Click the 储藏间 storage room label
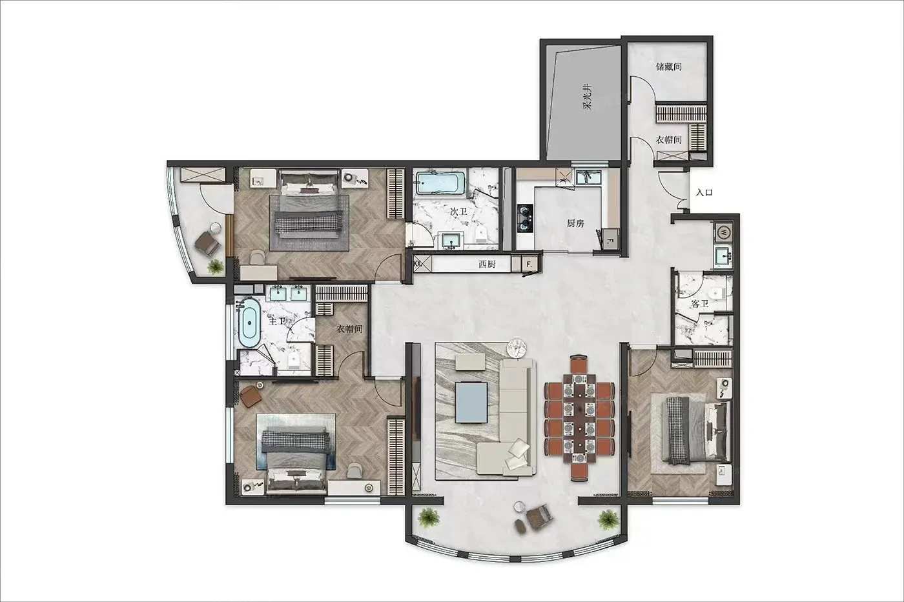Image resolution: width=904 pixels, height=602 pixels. (x=669, y=66)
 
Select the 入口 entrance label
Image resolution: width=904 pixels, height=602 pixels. (x=704, y=193)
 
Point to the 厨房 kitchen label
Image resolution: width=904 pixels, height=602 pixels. (x=575, y=223)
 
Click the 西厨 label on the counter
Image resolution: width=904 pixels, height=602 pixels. (x=487, y=265)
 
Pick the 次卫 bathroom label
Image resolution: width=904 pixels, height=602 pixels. (x=458, y=211)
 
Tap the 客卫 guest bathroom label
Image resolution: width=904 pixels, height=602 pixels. (x=700, y=304)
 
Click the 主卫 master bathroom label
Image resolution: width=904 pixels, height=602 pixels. (x=277, y=321)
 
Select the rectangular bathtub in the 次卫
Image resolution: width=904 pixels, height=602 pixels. (x=440, y=184)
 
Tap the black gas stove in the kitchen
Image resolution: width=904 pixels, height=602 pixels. (x=525, y=218)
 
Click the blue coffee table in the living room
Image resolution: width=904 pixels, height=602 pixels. (x=471, y=403)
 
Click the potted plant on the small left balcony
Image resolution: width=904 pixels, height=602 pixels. (x=216, y=266)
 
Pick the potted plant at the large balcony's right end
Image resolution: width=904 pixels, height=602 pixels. (x=608, y=519)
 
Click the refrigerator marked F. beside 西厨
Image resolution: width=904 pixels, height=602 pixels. (x=529, y=265)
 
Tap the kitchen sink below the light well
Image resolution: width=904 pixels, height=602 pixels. (x=588, y=177)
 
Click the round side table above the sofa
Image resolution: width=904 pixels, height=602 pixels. (x=517, y=348)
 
